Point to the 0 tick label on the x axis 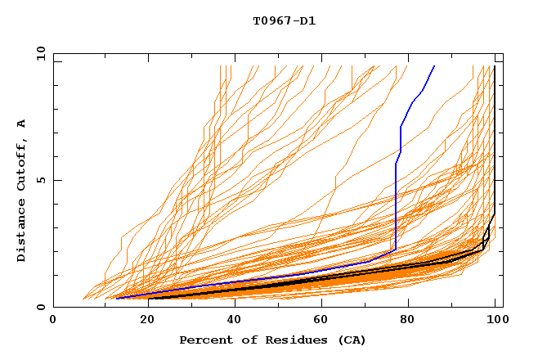(x=53, y=321)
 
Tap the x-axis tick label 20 (x=141, y=321)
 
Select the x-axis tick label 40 (x=231, y=321)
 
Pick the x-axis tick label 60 (x=319, y=321)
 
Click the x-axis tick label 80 (x=408, y=321)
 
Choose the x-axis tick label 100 (x=495, y=321)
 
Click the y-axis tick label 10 (x=39, y=53)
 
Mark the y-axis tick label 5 (x=43, y=180)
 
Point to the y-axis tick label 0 (x=43, y=307)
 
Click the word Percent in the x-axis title (x=204, y=340)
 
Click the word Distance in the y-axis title (x=21, y=232)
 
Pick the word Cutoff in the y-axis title (x=21, y=167)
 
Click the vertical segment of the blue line (x=396, y=205)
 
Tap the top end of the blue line (x=434, y=66)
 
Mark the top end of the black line (x=495, y=66)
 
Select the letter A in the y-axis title (x=21, y=124)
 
